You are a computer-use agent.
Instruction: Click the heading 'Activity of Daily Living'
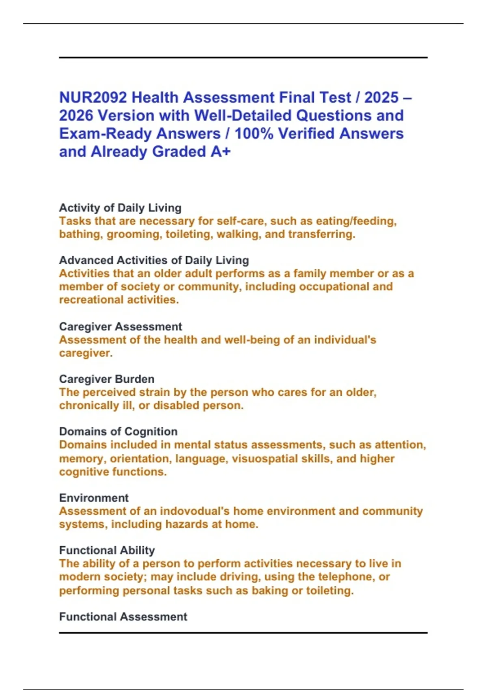coord(120,208)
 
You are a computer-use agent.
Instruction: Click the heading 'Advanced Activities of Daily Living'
coord(154,260)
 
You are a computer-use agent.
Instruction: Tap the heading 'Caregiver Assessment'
coord(120,327)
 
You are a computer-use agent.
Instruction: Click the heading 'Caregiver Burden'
coord(107,379)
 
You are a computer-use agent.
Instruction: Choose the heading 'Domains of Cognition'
coord(118,431)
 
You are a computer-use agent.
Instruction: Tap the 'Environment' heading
coord(94,498)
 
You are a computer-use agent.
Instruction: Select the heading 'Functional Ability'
coord(107,550)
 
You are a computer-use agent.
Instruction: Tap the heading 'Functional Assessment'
coord(123,617)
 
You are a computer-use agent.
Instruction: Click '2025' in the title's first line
coord(381,98)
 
